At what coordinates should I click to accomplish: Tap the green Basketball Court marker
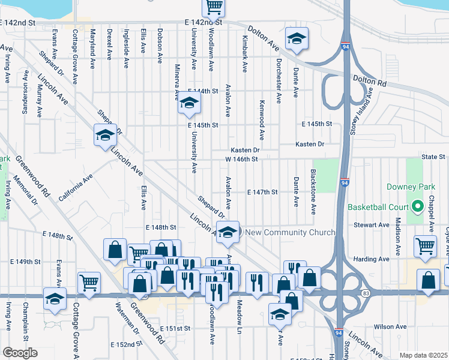(418, 208)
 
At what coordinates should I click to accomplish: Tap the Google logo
(20, 353)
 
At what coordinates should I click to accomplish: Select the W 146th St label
(241, 160)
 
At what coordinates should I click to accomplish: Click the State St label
(432, 157)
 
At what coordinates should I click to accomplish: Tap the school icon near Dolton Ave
(295, 39)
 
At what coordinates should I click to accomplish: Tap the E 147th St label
(262, 193)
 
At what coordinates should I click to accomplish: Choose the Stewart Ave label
(372, 225)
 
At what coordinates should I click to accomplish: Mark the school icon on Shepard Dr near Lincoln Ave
(105, 135)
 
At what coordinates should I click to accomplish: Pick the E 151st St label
(175, 329)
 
